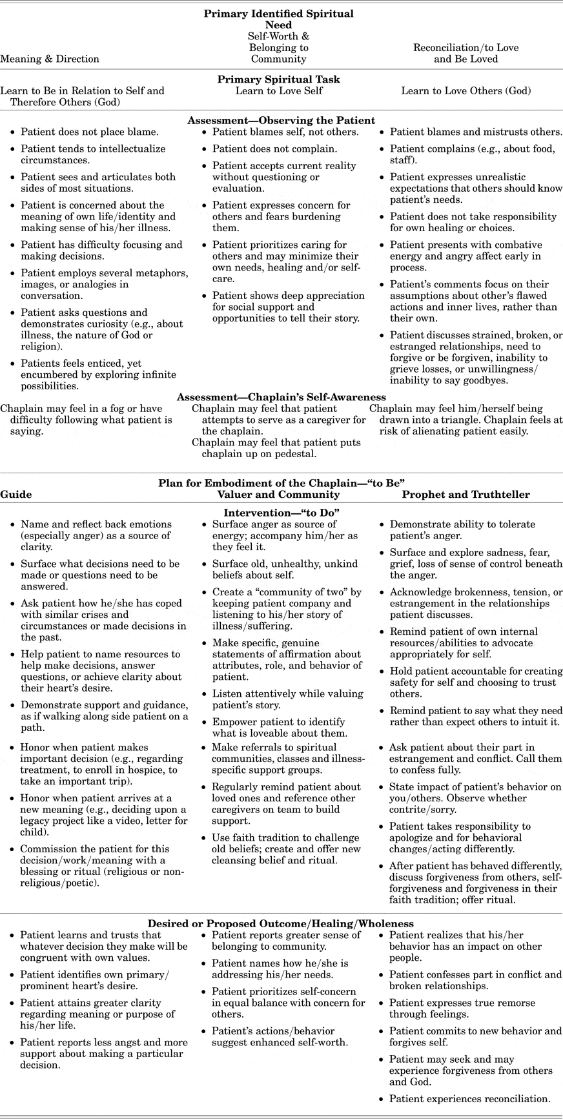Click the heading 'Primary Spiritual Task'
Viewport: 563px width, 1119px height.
click(x=278, y=79)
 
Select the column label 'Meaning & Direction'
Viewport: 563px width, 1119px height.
click(x=50, y=59)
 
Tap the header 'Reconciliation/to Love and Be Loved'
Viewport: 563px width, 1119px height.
click(x=466, y=53)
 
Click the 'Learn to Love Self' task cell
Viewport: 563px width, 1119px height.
click(x=278, y=91)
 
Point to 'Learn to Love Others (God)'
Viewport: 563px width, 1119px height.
click(x=466, y=91)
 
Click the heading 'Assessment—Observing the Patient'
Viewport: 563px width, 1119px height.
click(x=281, y=120)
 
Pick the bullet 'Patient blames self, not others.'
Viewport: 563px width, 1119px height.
click(x=285, y=132)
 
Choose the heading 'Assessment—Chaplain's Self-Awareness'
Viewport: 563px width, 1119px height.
click(x=281, y=397)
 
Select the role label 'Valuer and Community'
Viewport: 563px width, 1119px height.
click(x=278, y=495)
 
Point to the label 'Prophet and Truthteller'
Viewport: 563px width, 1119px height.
click(x=466, y=495)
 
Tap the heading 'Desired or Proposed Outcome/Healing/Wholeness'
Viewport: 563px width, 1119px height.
click(x=281, y=923)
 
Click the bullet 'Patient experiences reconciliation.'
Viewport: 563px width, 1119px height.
click(x=469, y=1098)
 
